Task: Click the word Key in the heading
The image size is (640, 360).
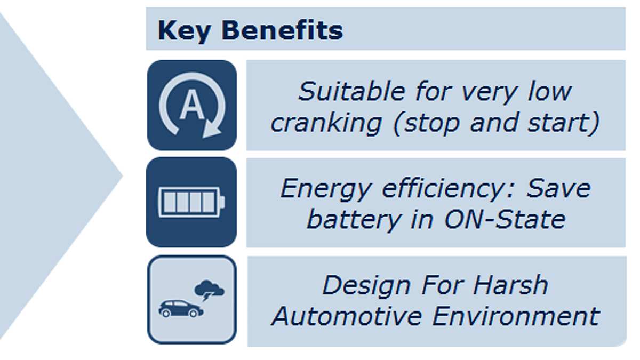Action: pos(185,31)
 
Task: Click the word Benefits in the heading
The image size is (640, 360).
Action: pos(282,30)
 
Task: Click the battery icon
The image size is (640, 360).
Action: pos(191,202)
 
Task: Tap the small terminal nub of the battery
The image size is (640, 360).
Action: pos(222,202)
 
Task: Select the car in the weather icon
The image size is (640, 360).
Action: pos(181,309)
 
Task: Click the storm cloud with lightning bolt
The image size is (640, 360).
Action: pos(210,291)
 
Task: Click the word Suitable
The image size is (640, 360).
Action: pos(351,91)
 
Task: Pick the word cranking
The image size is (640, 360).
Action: pos(326,123)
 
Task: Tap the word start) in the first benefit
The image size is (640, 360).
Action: pos(563,123)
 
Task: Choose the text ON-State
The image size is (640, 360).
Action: pos(505,219)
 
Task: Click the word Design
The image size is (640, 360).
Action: pos(366,286)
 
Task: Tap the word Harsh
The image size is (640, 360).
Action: pos(510,285)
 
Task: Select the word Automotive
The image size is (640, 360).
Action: pos(347,316)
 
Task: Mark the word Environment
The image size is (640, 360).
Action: pos(516,316)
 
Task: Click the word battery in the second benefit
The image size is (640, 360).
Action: pos(354,220)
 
